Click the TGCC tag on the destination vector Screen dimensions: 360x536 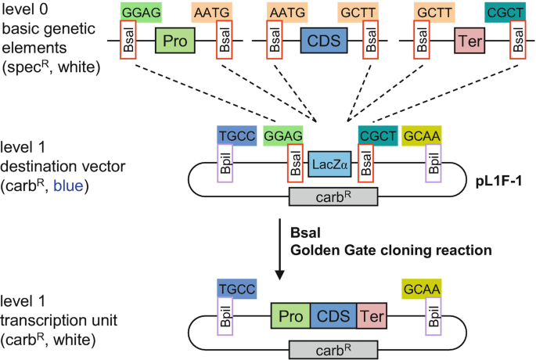click(237, 135)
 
